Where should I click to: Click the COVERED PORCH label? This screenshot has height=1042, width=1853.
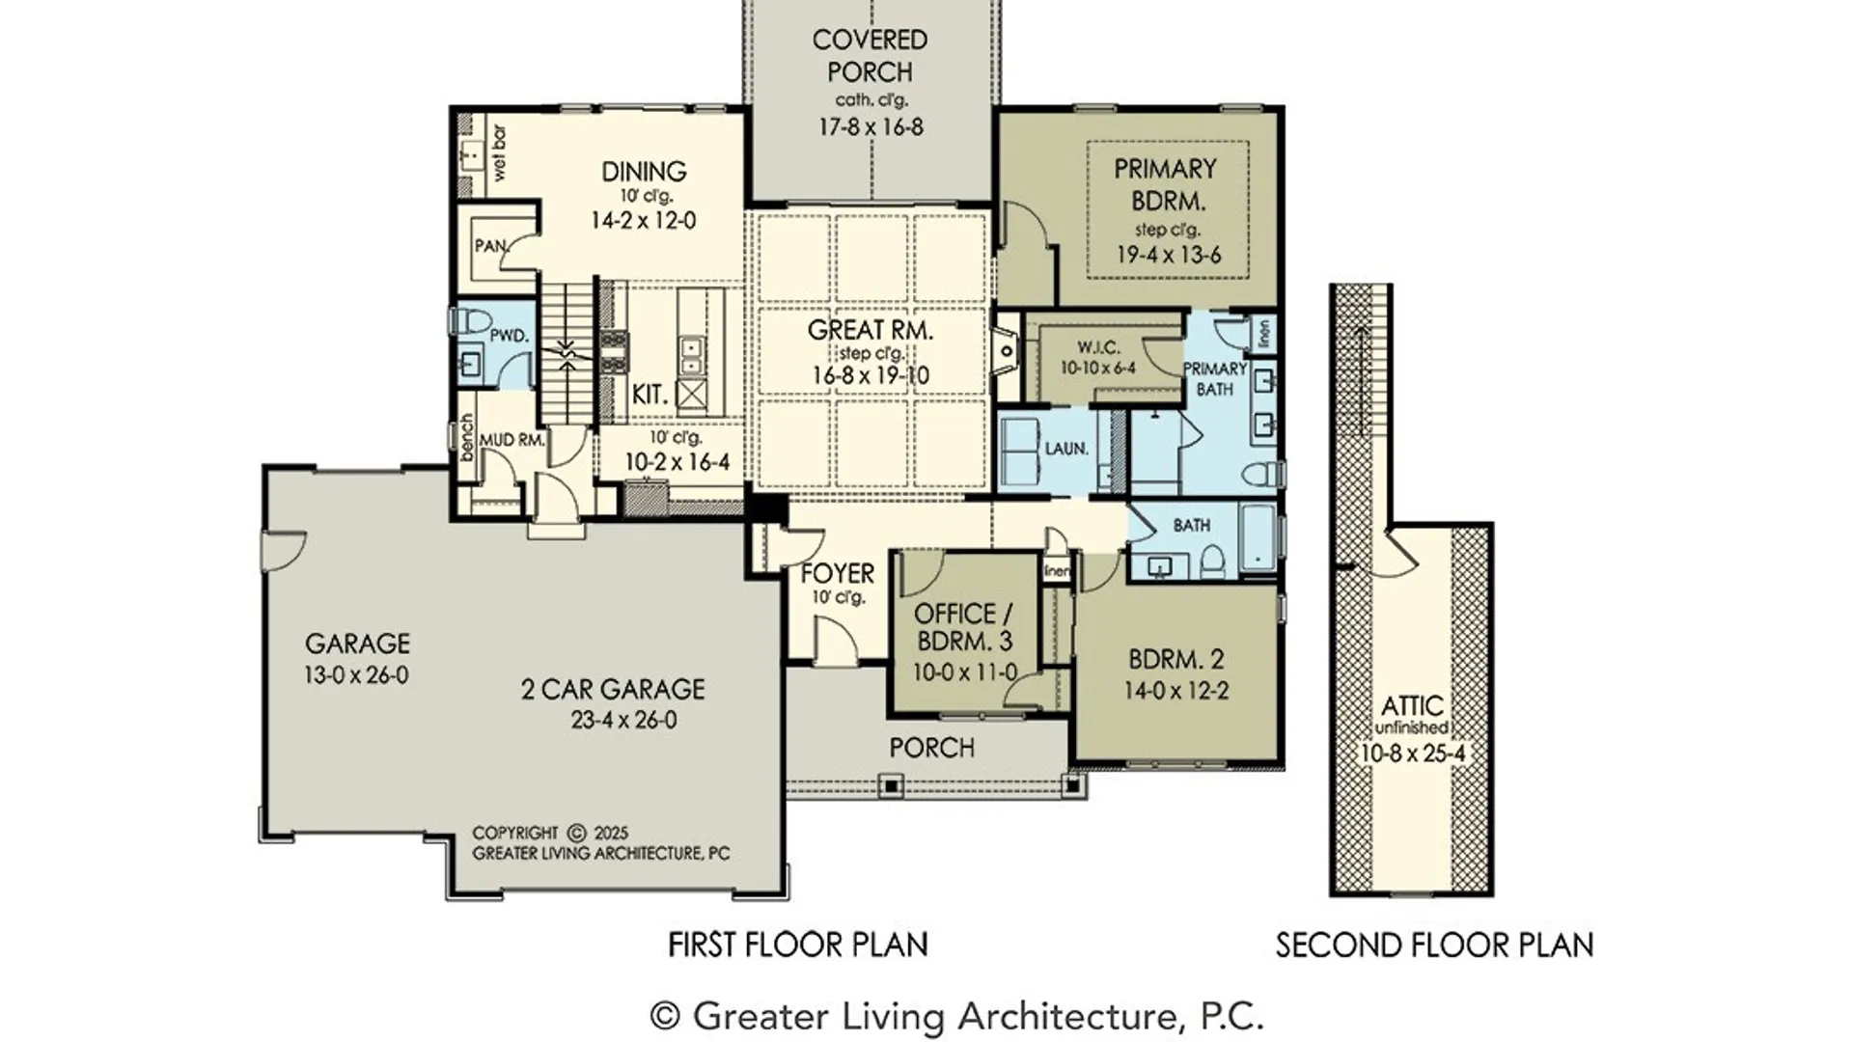click(x=870, y=56)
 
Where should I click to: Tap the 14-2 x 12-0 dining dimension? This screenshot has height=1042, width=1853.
click(x=643, y=221)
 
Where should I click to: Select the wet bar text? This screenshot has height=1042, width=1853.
click(x=499, y=152)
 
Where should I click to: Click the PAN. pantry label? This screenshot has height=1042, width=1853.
click(x=490, y=246)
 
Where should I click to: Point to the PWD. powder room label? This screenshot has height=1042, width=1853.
click(x=509, y=336)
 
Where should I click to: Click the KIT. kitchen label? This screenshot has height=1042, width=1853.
click(x=650, y=395)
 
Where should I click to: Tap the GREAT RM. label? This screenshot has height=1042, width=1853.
click(x=870, y=330)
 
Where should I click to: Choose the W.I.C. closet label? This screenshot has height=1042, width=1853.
click(x=1098, y=347)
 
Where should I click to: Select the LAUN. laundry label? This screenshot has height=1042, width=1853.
click(x=1066, y=449)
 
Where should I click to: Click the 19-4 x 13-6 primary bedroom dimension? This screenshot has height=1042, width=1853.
click(x=1168, y=256)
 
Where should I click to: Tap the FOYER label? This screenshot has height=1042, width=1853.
click(x=837, y=573)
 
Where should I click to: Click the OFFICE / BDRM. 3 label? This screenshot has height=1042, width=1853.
click(x=963, y=627)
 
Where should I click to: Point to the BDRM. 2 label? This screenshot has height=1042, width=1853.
click(x=1175, y=660)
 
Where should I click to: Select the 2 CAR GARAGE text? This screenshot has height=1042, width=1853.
click(x=613, y=690)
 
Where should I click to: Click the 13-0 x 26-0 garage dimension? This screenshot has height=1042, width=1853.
click(x=356, y=675)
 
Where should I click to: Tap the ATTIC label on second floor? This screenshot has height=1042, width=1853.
click(x=1412, y=705)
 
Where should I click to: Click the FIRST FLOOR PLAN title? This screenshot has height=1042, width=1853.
click(x=797, y=945)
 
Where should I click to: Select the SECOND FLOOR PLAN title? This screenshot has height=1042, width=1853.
click(x=1434, y=946)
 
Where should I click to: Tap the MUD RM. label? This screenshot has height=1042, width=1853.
click(x=512, y=440)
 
